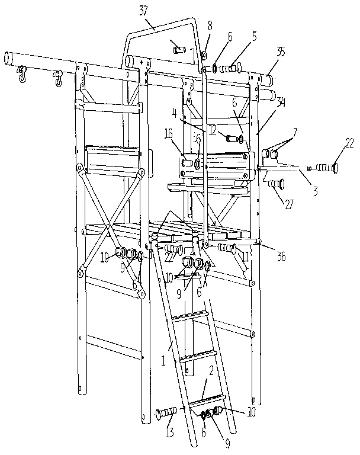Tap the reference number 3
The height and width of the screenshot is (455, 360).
315,192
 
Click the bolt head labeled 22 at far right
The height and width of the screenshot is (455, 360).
337,168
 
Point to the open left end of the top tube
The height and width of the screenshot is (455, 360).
8,57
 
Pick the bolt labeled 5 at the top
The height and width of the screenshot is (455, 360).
232,68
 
